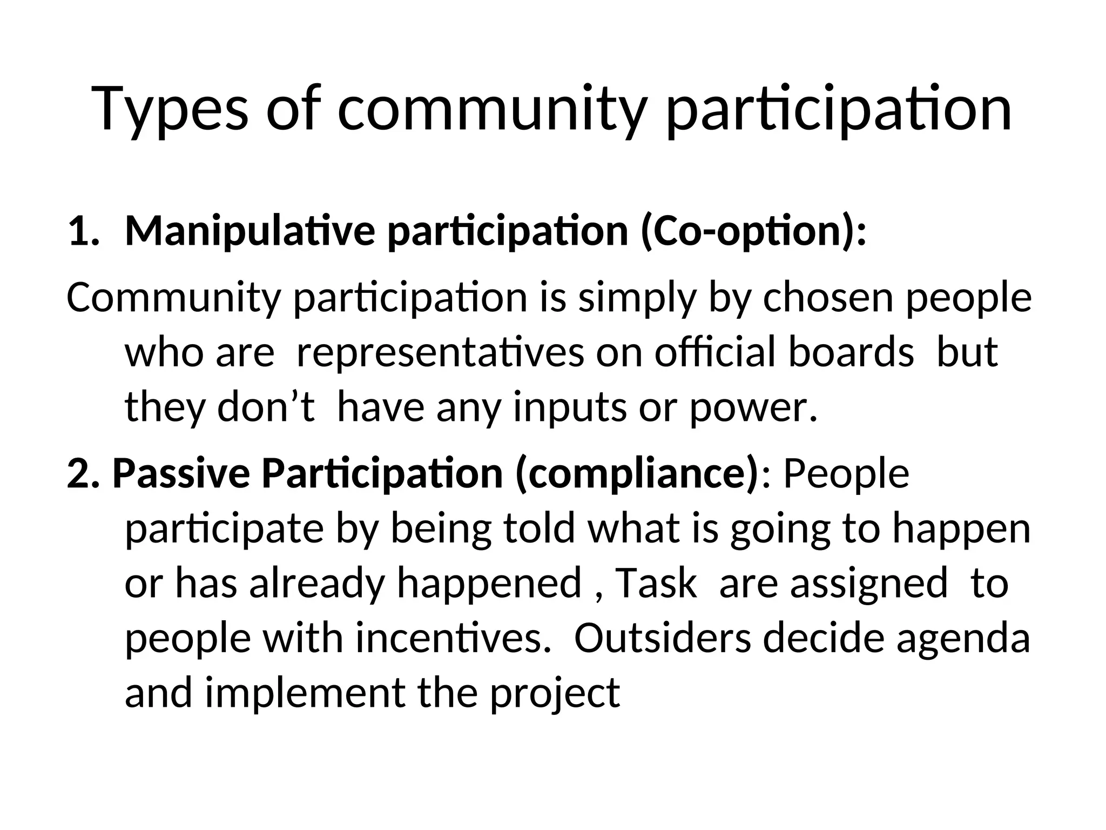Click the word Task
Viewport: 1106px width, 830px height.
[656, 584]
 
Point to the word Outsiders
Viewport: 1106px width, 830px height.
[662, 638]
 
